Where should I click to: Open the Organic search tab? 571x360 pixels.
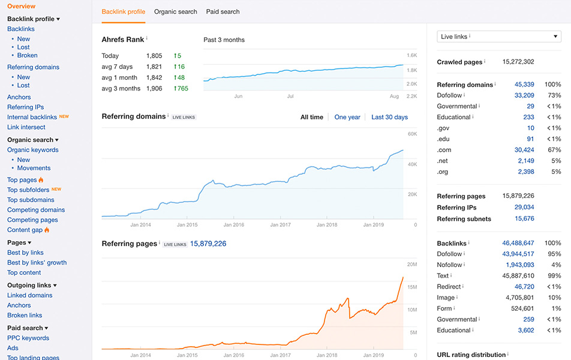pyautogui.click(x=175, y=11)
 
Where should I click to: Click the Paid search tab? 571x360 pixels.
pyautogui.click(x=223, y=11)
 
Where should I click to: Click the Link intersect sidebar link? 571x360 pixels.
pyautogui.click(x=26, y=127)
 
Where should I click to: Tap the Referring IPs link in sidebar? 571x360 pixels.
pyautogui.click(x=25, y=107)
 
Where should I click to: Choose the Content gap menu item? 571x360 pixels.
pyautogui.click(x=25, y=230)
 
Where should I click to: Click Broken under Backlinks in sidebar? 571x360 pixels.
pyautogui.click(x=28, y=55)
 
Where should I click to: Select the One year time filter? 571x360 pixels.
pyautogui.click(x=347, y=117)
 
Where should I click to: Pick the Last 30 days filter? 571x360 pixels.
pyautogui.click(x=389, y=117)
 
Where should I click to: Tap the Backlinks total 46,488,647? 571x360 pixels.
pyautogui.click(x=518, y=243)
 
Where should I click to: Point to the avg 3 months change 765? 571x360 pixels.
pyautogui.click(x=182, y=88)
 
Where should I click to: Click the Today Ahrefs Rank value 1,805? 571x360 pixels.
pyautogui.click(x=154, y=56)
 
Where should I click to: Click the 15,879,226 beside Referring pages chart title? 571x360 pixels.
pyautogui.click(x=208, y=244)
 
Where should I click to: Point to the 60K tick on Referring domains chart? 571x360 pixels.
pyautogui.click(x=412, y=134)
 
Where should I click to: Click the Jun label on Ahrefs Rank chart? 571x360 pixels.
pyautogui.click(x=238, y=96)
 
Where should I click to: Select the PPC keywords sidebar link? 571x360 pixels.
pyautogui.click(x=28, y=338)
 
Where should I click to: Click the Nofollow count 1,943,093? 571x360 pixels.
pyautogui.click(x=519, y=265)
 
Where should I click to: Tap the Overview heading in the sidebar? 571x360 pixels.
pyautogui.click(x=21, y=6)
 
